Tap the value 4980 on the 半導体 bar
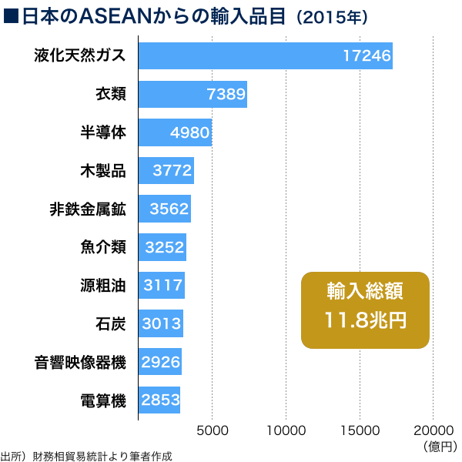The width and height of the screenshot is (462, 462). click(x=189, y=132)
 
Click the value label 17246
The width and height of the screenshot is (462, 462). click(x=367, y=55)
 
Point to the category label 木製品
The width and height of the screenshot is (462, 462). click(x=102, y=170)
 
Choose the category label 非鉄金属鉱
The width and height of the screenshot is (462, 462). click(x=87, y=209)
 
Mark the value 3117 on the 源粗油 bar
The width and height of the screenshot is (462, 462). click(x=163, y=286)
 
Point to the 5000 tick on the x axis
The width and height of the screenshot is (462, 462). click(x=213, y=430)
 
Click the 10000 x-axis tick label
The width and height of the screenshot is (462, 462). click(x=286, y=430)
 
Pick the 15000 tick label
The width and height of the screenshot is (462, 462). click(x=360, y=430)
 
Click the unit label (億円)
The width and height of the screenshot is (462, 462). click(x=440, y=446)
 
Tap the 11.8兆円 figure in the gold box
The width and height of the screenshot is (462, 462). click(x=365, y=320)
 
